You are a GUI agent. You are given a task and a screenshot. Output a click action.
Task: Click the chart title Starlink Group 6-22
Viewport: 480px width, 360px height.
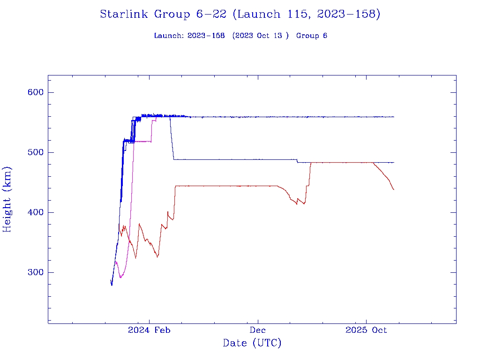240,15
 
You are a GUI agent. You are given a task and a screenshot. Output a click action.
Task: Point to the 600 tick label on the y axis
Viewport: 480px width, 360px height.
35,92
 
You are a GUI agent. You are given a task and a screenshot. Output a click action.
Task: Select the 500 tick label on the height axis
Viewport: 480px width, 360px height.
35,152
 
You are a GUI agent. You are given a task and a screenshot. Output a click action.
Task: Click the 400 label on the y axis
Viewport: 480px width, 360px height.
35,212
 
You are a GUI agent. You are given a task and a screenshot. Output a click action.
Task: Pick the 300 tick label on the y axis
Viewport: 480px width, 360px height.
35,272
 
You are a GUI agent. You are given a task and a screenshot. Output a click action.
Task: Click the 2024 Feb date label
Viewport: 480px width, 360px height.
149,330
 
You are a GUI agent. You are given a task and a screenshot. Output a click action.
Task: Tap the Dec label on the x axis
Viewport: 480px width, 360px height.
258,330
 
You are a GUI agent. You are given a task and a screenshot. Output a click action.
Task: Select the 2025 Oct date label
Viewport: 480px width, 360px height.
366,330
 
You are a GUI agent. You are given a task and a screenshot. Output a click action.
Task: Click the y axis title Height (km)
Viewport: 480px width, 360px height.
7,199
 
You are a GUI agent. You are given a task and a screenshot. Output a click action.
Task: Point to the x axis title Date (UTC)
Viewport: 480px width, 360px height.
252,344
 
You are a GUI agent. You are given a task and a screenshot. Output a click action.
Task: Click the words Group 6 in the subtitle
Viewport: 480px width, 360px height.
312,36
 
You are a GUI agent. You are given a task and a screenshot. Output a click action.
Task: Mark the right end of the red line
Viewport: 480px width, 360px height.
394,189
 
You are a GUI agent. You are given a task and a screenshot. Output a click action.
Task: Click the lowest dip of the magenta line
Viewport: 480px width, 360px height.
120,277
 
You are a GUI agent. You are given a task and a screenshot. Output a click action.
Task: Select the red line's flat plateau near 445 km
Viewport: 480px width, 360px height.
225,186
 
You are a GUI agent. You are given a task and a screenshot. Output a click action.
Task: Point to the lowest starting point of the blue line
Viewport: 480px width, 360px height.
112,285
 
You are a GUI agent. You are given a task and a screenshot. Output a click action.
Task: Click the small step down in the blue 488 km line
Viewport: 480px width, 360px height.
297,161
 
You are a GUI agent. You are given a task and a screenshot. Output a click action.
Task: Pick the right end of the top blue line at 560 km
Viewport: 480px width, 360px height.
394,117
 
